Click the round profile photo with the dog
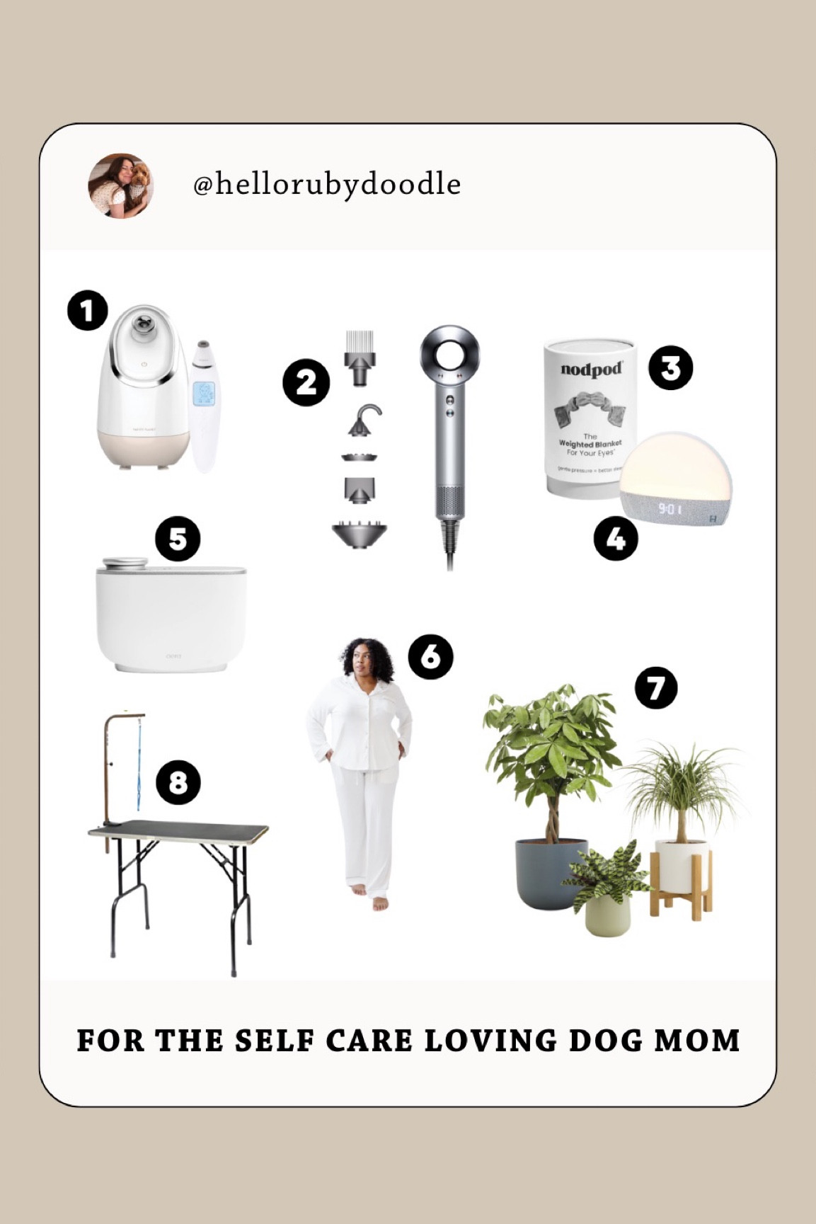pyautogui.click(x=120, y=185)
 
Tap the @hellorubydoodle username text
pyautogui.click(x=327, y=185)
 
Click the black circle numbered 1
pyautogui.click(x=88, y=311)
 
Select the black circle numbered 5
pyautogui.click(x=178, y=539)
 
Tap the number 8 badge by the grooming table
pyautogui.click(x=178, y=782)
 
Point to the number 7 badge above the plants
pyautogui.click(x=656, y=688)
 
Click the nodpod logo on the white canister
pyautogui.click(x=591, y=370)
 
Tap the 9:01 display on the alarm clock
pyautogui.click(x=670, y=508)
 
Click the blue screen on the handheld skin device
pyautogui.click(x=204, y=394)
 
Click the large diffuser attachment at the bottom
pyautogui.click(x=360, y=534)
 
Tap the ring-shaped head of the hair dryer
pyautogui.click(x=449, y=355)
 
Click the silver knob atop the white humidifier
pyautogui.click(x=125, y=564)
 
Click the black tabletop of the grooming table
pyautogui.click(x=180, y=829)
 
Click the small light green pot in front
pyautogui.click(x=607, y=915)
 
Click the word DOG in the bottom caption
pyautogui.click(x=606, y=1041)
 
